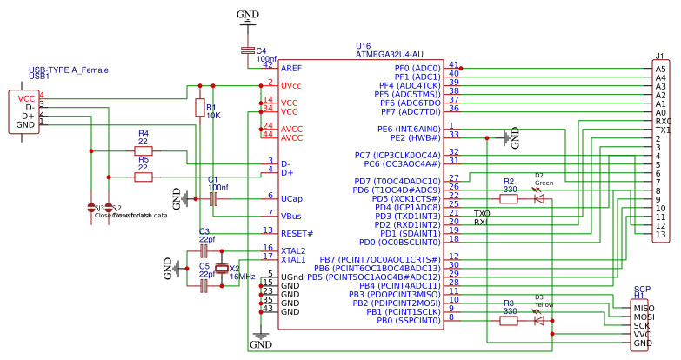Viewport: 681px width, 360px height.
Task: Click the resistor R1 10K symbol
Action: (199, 108)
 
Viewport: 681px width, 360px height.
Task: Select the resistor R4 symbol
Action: (144, 150)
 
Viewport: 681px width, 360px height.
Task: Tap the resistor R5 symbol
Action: (144, 177)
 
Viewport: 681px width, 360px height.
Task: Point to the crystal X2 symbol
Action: (223, 269)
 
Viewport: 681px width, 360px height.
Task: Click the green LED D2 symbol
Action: (538, 198)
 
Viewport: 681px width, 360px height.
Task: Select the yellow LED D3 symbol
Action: (538, 320)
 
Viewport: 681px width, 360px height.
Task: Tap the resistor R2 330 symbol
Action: (509, 198)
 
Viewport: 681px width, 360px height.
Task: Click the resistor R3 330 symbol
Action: (509, 320)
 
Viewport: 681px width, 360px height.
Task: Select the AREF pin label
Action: (291, 67)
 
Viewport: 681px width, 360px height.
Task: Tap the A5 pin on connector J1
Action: (660, 68)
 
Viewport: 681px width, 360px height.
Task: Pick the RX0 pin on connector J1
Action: (662, 121)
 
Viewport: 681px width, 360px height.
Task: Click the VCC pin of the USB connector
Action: (25, 98)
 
